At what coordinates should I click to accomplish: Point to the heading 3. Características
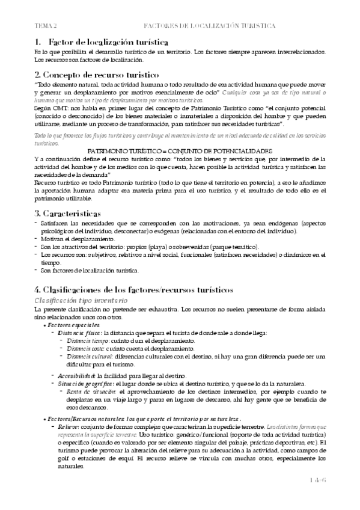click(x=67, y=214)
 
